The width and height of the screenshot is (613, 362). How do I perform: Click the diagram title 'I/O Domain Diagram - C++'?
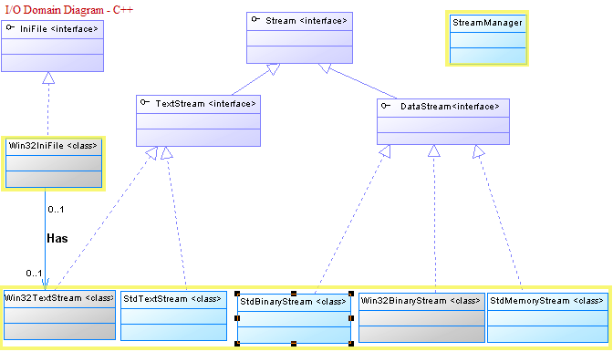coord(68,10)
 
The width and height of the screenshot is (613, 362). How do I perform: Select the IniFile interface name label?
coord(59,29)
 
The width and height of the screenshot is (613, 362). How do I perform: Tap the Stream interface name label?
coord(306,21)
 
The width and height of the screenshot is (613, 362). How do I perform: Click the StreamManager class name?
coord(487,23)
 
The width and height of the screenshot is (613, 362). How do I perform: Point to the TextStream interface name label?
coord(205,104)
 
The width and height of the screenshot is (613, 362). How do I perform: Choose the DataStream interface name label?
coord(450,107)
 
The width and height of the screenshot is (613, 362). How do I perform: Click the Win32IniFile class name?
coord(53,146)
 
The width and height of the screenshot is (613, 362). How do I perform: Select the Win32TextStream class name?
coord(59,298)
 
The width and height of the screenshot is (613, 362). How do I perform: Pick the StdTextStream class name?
coord(172,299)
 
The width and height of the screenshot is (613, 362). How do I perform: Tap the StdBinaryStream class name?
coord(293,302)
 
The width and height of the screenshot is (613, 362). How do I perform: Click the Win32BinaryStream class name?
coord(421,301)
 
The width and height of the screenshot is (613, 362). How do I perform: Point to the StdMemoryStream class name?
coord(547,301)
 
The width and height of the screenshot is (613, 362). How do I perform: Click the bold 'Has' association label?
coord(57,239)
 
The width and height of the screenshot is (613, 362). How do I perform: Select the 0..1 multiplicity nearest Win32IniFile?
coord(56,210)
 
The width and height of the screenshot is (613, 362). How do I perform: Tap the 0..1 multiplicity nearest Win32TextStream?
coord(34,274)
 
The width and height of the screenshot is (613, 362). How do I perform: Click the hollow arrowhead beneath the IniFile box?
coord(48,78)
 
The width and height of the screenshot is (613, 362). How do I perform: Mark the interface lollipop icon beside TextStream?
coord(145,102)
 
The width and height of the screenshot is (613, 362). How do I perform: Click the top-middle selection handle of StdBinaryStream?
coord(294,294)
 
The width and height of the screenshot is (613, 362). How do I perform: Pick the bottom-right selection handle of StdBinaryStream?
coord(351,344)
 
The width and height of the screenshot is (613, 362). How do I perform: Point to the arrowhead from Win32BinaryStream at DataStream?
coord(433,150)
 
